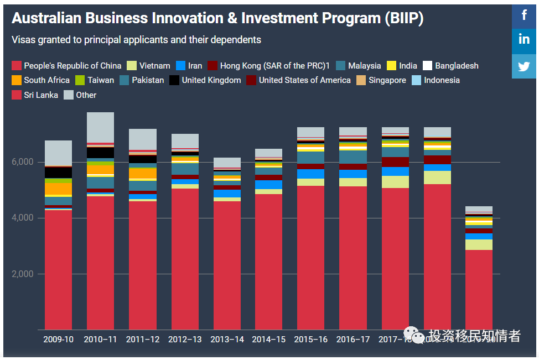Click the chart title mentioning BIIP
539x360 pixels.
[217, 18]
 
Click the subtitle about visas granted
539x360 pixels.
[136, 40]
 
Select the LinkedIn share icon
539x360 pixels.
[524, 40]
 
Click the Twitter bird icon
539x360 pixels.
[524, 66]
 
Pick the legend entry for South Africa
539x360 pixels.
[40, 80]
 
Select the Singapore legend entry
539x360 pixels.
[381, 80]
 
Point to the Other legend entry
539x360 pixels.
[80, 95]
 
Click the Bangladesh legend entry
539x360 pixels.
[450, 66]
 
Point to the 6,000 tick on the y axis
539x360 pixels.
[23, 162]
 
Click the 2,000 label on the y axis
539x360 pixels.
[23, 274]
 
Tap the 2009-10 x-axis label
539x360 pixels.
[58, 339]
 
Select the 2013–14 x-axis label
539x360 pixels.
[227, 339]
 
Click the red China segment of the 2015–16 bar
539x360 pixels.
[311, 254]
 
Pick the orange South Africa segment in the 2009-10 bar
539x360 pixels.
[58, 189]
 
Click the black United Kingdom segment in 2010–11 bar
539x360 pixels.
[100, 153]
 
